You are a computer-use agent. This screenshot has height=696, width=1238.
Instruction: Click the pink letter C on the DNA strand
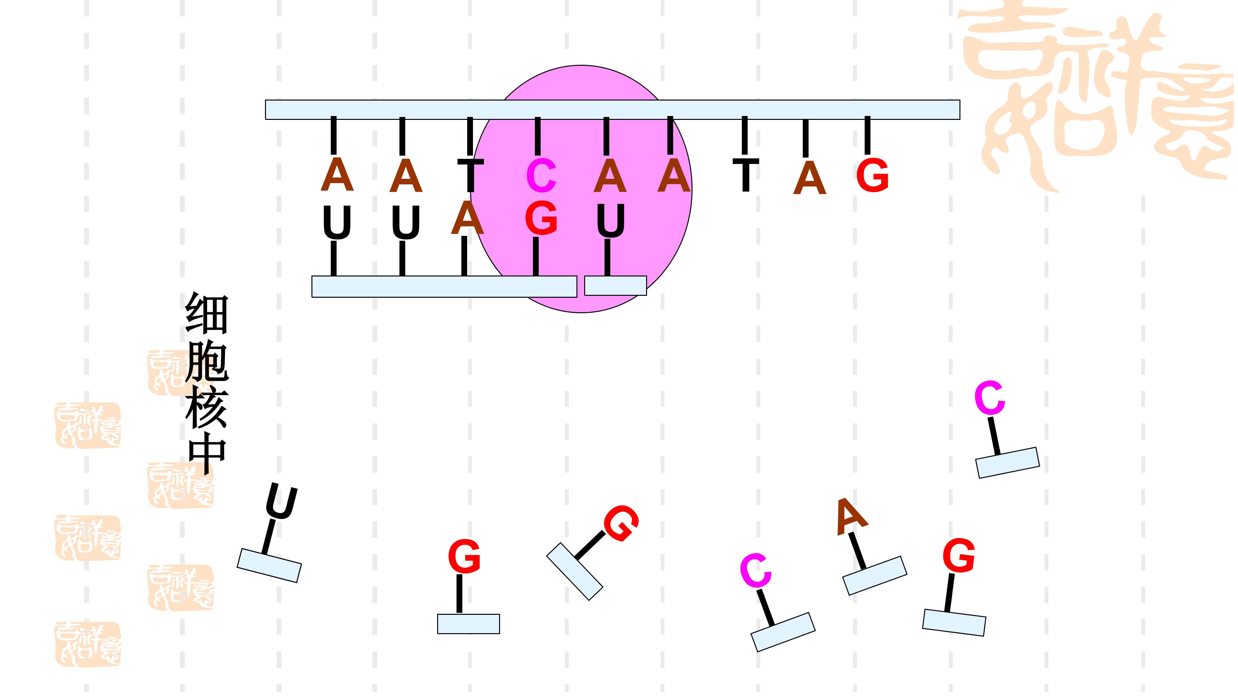point(541,176)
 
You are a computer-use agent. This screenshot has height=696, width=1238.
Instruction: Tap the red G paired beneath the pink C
point(541,218)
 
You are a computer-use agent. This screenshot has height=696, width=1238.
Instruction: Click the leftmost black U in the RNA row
point(337,222)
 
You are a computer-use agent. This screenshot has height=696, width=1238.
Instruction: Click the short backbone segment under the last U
point(615,285)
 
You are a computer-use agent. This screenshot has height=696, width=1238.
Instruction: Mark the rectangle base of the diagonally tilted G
point(574,572)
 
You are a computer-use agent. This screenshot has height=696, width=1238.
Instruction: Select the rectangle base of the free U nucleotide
point(269,565)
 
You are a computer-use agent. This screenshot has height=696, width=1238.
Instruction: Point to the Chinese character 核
point(207,409)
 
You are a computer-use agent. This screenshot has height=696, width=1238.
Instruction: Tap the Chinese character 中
point(207,454)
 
